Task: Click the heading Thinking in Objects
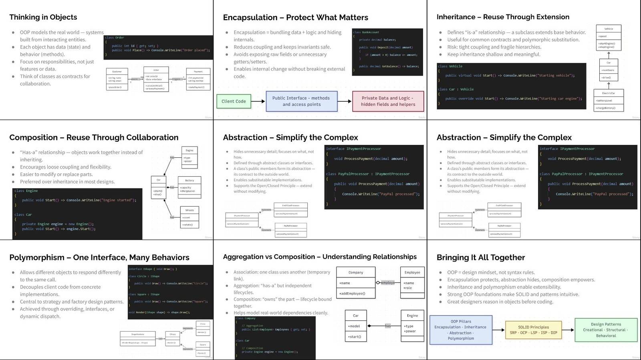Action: tap(43, 17)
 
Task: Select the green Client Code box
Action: tap(234, 101)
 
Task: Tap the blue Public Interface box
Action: tap(301, 101)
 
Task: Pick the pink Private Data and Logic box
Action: tap(387, 101)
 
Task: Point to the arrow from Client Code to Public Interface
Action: tap(258, 101)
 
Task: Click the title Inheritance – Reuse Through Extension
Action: tap(503, 17)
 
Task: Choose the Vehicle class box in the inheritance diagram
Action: tap(608, 38)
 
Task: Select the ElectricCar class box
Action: tap(608, 100)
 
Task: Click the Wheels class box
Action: tap(189, 217)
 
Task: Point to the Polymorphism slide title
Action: tap(99, 257)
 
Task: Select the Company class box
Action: tap(356, 283)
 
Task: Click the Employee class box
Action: tap(412, 282)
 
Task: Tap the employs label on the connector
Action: tap(387, 283)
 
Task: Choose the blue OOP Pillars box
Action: tap(461, 330)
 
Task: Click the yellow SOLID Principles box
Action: tap(533, 330)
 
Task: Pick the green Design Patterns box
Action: tap(606, 330)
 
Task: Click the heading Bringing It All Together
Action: tap(481, 257)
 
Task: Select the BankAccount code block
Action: tap(387, 52)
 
